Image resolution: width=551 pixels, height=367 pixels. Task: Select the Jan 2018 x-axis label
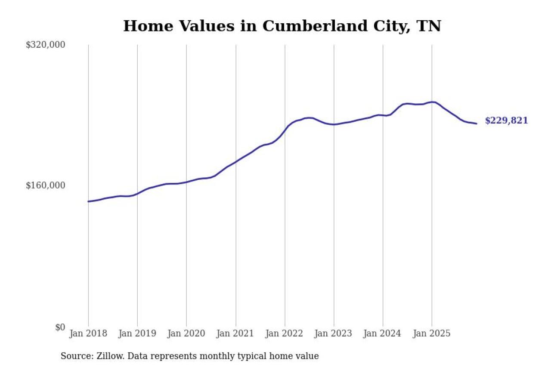[x=88, y=334]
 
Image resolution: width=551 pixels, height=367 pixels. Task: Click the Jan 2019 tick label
[x=137, y=334]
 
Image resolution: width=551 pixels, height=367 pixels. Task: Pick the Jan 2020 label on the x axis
[x=186, y=334]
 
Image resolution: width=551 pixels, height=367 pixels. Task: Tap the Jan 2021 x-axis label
[x=235, y=334]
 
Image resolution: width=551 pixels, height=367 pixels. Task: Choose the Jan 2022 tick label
[x=285, y=334]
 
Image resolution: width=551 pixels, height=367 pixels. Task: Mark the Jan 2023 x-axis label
[x=334, y=334]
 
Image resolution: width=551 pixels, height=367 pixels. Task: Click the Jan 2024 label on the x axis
[x=383, y=334]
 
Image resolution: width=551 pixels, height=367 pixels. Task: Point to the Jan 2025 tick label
[x=432, y=334]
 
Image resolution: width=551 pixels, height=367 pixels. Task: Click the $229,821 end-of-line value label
[x=506, y=121]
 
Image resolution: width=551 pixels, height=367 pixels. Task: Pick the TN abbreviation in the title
[x=429, y=26]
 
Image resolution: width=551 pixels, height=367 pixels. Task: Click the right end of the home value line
[x=477, y=123]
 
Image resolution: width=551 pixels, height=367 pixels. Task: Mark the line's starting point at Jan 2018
[x=88, y=201]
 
